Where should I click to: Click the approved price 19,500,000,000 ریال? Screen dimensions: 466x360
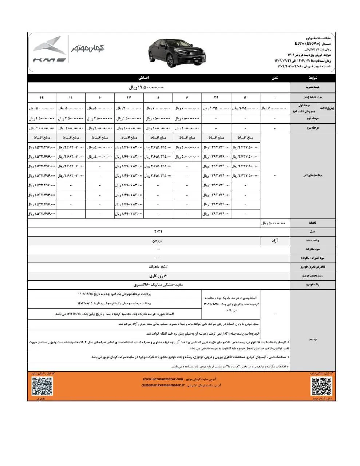(147, 88)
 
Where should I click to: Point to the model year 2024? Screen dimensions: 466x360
(158, 232)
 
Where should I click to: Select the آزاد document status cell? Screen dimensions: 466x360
(275, 241)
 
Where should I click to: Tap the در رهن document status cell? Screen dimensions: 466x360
(158, 241)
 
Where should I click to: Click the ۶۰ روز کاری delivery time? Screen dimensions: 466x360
(158, 276)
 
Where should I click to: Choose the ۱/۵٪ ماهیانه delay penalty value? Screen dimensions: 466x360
(158, 267)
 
